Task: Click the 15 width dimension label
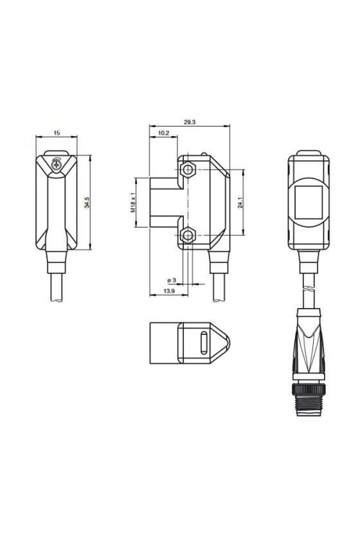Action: point(57,132)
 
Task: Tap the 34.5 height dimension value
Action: point(87,203)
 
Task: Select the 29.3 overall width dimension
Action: point(190,122)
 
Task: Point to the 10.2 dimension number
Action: point(164,133)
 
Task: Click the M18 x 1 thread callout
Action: point(133,203)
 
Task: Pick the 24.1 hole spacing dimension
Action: point(240,203)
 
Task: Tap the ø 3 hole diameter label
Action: point(172,280)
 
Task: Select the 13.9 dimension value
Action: point(169,291)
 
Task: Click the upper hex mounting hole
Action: point(188,169)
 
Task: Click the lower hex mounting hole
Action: point(188,235)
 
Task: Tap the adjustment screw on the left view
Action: point(56,165)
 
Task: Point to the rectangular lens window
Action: point(309,203)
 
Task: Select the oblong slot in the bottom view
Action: point(204,343)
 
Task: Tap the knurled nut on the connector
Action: point(309,390)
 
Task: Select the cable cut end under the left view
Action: point(57,300)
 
